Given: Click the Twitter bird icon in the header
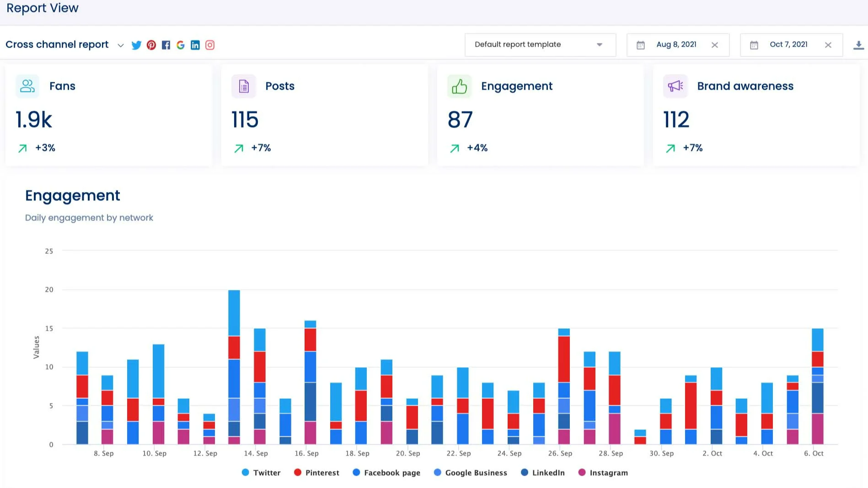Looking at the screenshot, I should point(136,45).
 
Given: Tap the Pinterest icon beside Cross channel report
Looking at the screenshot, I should point(151,45).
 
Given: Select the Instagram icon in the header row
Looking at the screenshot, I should point(210,45).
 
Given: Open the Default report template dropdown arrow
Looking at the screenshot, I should point(599,45).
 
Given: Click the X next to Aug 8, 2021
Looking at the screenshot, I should point(715,45).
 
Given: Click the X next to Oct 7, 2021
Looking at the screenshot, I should point(828,45).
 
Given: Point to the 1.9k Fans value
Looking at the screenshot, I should point(34,120).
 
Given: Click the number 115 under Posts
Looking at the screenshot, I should point(245,120).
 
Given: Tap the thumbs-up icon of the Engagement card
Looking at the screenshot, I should point(459,86).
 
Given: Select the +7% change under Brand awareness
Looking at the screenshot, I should point(692,148).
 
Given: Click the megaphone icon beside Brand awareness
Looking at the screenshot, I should point(675,86).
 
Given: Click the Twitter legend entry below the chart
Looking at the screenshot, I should point(261,472).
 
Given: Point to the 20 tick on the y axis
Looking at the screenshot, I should point(49,290).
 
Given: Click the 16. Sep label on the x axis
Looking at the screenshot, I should point(306,453).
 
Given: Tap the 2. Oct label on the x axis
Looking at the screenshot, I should point(712,453).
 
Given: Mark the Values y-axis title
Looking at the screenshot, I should point(37,347).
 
